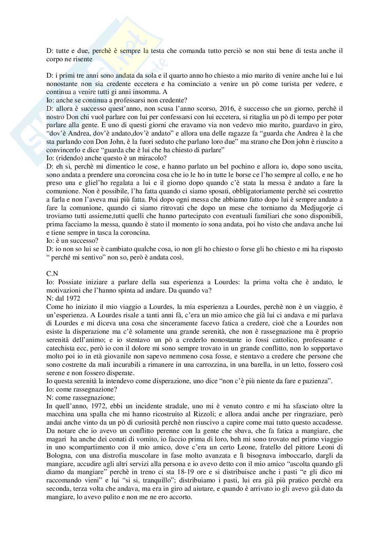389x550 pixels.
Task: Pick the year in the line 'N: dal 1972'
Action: [x=73, y=299]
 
